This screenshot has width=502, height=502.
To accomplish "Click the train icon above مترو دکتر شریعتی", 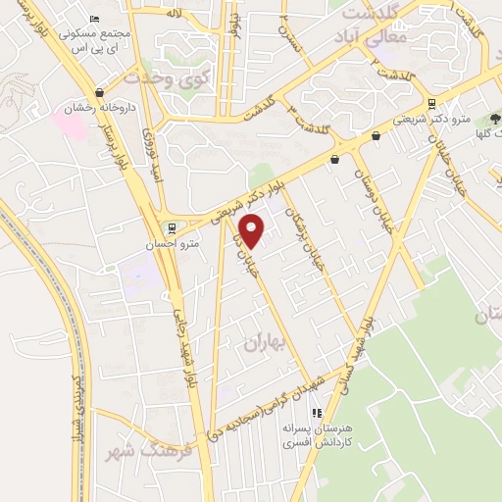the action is [431, 102].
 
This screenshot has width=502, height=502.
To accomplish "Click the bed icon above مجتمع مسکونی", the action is [94, 20].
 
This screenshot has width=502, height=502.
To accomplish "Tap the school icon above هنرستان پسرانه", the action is [317, 415].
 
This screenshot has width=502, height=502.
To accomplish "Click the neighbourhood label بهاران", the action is [263, 343].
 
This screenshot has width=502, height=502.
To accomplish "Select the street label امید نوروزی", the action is [154, 156].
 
